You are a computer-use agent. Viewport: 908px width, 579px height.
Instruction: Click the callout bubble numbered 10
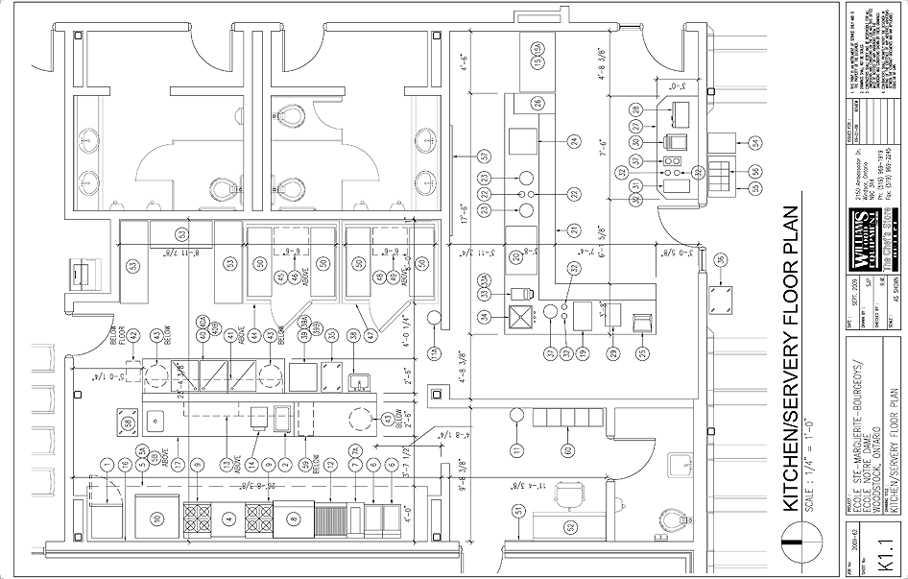point(156,519)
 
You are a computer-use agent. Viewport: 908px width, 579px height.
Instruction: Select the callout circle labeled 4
point(228,519)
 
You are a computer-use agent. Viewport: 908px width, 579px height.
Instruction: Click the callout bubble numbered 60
point(569,450)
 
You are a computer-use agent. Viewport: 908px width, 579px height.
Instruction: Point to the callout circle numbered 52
point(569,526)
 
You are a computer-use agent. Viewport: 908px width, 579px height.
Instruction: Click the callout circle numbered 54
point(755,142)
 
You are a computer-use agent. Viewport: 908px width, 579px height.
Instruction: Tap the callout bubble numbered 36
point(720,258)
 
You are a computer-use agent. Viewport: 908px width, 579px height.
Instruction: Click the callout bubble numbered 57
point(486,155)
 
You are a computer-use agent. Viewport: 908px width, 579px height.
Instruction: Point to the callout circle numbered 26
point(538,103)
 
